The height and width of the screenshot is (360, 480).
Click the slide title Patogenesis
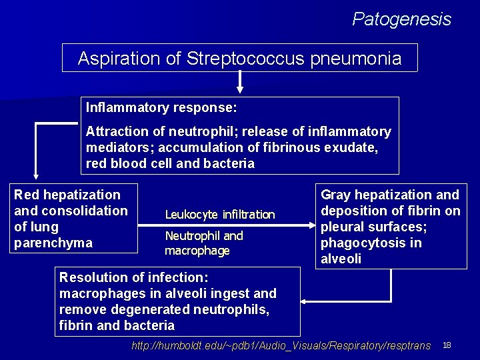click(x=401, y=19)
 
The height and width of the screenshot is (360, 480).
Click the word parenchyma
click(x=53, y=243)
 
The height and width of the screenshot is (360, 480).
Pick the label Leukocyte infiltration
click(x=219, y=215)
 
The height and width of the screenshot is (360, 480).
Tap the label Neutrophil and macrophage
click(x=203, y=243)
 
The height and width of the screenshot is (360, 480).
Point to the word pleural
click(x=341, y=227)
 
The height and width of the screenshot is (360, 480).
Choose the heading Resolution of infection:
click(x=134, y=277)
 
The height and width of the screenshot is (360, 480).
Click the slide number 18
click(x=447, y=345)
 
